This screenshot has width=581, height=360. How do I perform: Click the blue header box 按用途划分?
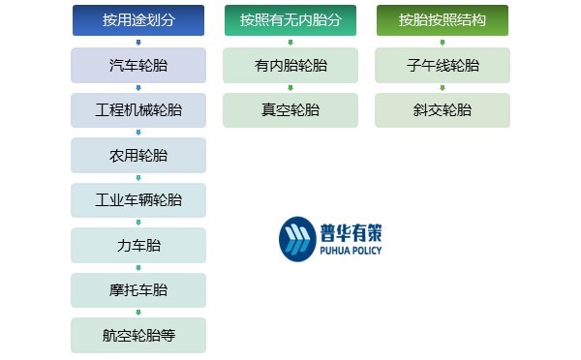coord(138,20)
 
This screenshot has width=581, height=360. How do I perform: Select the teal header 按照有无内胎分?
coord(290,20)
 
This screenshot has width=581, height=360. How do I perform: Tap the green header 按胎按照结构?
coord(443,20)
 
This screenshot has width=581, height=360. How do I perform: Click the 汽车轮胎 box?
coord(138,65)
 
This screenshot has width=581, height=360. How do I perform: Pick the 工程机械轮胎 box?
coord(138,110)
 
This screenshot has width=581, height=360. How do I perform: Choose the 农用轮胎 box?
coord(138,155)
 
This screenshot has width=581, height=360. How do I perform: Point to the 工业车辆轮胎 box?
coord(138,200)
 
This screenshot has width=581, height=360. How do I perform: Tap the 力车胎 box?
coord(138,245)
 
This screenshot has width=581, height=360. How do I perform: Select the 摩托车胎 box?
coord(138,290)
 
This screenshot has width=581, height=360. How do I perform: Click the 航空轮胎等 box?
coord(138,335)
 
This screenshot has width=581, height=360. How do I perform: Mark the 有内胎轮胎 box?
coord(290,65)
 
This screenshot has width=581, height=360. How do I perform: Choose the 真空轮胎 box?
coord(290,110)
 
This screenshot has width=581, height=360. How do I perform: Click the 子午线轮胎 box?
coord(443,65)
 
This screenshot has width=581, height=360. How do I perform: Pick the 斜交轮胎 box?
coord(443,110)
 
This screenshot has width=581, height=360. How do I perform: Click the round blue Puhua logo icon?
coord(297,239)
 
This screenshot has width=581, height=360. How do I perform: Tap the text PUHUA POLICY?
coord(350,251)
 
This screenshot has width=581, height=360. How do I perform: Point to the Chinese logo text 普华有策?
coord(350,230)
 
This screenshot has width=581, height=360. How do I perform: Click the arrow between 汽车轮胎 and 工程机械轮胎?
coord(138,88)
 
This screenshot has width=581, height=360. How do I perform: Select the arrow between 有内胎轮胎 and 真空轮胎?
coord(290,88)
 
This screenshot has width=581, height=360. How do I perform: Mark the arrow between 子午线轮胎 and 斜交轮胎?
coord(443,88)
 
